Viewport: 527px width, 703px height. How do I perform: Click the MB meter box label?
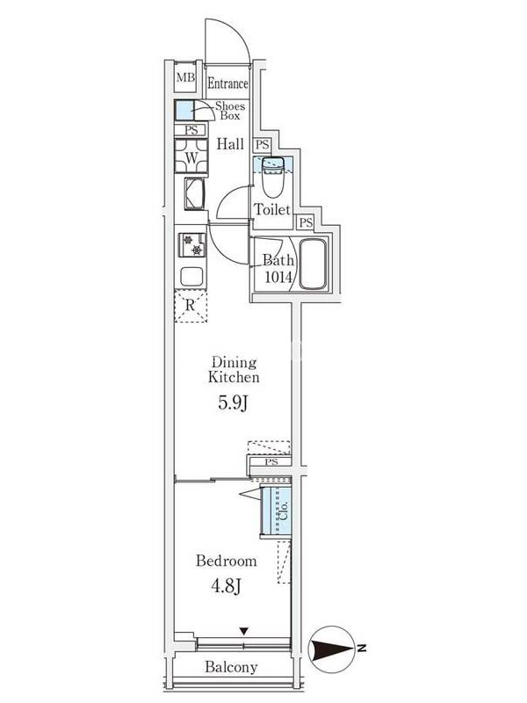[185, 77]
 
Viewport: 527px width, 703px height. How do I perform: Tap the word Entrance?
[227, 83]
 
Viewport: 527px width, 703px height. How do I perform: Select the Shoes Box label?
[230, 111]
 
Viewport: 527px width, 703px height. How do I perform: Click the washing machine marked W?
[191, 156]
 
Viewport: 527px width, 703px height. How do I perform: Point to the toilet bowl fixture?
[272, 178]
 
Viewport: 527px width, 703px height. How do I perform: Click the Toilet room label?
[272, 209]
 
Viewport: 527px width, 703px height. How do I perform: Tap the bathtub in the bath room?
[312, 265]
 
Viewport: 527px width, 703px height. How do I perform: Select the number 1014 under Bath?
[278, 277]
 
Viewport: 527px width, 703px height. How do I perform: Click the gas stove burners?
[192, 245]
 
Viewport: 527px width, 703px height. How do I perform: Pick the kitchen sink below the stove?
[191, 276]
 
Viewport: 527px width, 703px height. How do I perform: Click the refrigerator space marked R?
[191, 306]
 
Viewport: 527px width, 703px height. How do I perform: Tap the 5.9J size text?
[233, 403]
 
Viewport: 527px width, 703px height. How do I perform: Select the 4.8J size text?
[227, 586]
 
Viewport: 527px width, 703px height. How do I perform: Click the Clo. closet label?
[283, 511]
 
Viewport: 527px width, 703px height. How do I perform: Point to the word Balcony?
[231, 667]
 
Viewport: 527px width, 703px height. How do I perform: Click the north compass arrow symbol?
[332, 649]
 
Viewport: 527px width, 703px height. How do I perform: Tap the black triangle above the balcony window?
[243, 631]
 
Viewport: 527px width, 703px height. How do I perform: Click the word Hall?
[230, 144]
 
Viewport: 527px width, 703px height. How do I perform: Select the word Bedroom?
[227, 561]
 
